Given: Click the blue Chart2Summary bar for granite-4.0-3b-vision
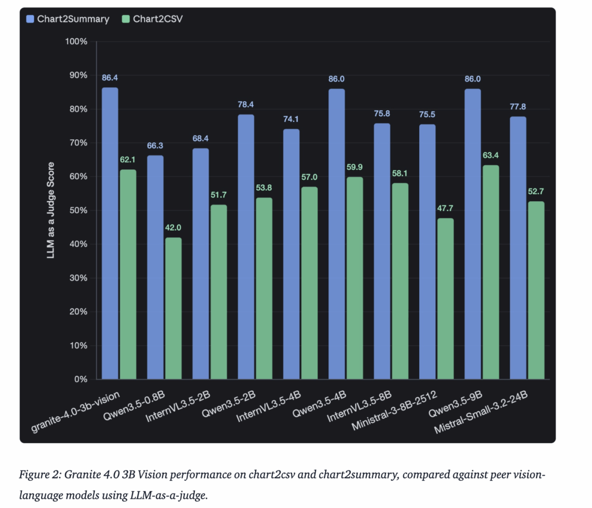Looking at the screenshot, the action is tap(110, 233).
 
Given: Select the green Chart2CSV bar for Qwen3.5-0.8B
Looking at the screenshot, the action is tap(173, 309).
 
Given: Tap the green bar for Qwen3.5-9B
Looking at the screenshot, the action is tap(491, 272).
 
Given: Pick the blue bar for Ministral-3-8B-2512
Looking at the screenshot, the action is tap(427, 252).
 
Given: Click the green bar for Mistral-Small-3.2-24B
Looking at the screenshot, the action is tap(536, 290).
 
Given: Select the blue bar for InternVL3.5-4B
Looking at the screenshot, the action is tap(291, 254).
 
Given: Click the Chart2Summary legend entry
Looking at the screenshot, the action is tap(68, 19).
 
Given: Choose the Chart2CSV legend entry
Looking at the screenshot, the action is tap(153, 19).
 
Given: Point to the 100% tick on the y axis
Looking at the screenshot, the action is tap(76, 42).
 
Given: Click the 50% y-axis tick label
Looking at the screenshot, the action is tap(78, 210).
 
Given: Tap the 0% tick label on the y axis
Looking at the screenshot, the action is tap(81, 379).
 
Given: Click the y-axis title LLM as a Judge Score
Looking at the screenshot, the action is tap(51, 210).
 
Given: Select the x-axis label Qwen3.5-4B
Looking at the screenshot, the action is tap(319, 404).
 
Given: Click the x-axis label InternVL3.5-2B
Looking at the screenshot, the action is tap(178, 406).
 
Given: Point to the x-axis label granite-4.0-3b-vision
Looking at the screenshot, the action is tap(75, 411).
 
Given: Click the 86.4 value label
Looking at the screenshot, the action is tap(110, 78).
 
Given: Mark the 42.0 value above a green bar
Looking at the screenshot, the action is tap(173, 228).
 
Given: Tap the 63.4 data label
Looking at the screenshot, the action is tap(491, 155).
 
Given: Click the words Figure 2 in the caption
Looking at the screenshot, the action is tap(40, 474).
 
